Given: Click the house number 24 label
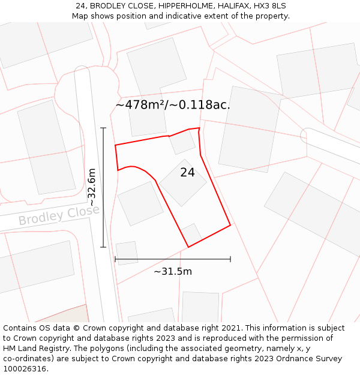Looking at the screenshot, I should pyautogui.click(x=187, y=173).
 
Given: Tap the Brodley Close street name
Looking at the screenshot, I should pyautogui.click(x=59, y=215).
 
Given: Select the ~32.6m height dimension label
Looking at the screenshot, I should pyautogui.click(x=92, y=187).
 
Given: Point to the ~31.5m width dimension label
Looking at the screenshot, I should pyautogui.click(x=173, y=271).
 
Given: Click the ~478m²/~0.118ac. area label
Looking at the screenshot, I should pyautogui.click(x=173, y=105).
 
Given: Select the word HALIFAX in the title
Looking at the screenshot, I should pyautogui.click(x=232, y=6).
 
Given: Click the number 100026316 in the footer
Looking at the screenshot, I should pyautogui.click(x=25, y=369).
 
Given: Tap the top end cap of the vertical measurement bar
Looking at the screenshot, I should pyautogui.click(x=103, y=128).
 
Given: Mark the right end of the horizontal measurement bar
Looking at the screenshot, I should pyautogui.click(x=230, y=259).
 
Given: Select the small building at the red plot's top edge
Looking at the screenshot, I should pyautogui.click(x=182, y=142).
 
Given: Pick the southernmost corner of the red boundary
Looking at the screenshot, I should pyautogui.click(x=188, y=247).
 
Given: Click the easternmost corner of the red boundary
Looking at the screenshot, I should pyautogui.click(x=230, y=226).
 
